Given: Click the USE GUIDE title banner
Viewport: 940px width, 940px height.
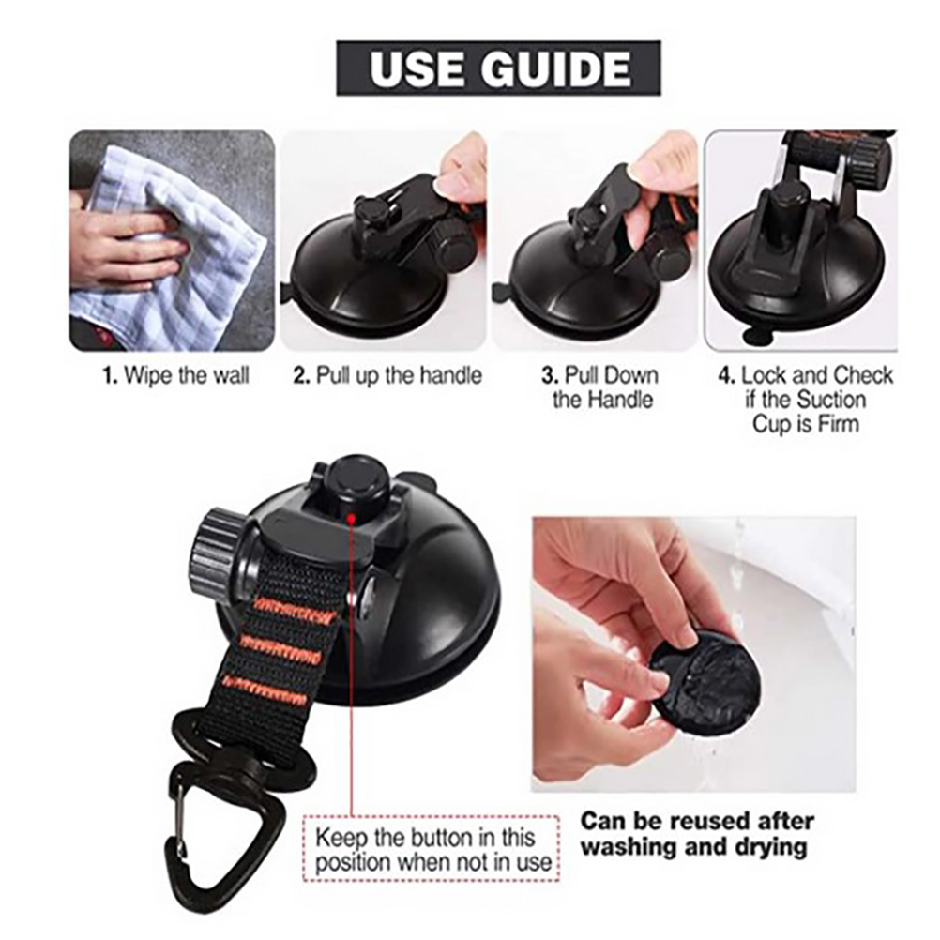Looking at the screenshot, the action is (498, 68).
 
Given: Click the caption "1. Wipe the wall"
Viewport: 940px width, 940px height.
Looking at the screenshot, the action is (175, 376).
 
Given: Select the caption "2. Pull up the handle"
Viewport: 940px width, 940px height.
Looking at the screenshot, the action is (387, 376).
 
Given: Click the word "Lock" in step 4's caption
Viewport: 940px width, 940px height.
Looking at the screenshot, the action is (764, 376).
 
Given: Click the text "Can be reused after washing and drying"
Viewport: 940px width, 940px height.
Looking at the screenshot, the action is (697, 834).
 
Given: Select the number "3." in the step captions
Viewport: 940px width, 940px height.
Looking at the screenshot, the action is (550, 376).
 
